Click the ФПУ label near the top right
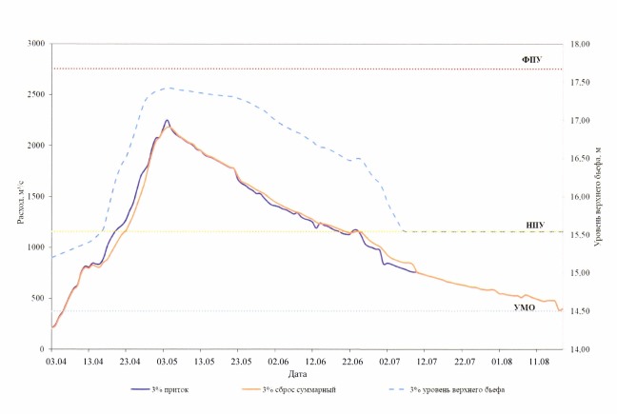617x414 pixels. [x=531, y=59]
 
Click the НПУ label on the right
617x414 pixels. [x=534, y=224]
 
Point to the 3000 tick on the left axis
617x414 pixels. [x=36, y=45]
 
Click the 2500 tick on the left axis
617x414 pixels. [x=36, y=95]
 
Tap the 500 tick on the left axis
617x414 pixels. [x=39, y=298]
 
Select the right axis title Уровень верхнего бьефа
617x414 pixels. [x=599, y=196]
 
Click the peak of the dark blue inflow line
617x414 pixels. [x=167, y=121]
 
